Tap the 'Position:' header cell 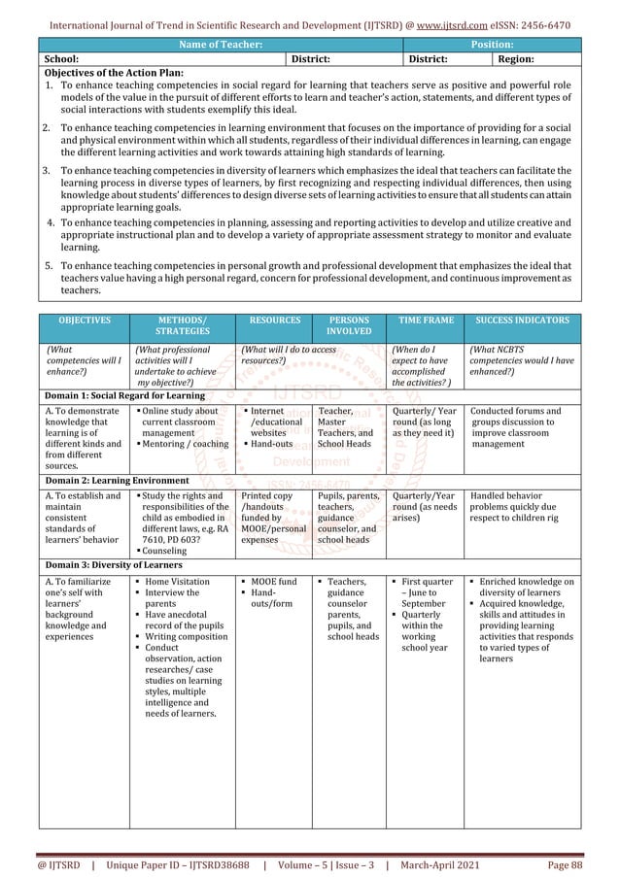click(x=492, y=45)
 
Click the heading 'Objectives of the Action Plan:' click(x=114, y=73)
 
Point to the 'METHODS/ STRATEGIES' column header click(x=183, y=324)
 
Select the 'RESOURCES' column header click(x=274, y=319)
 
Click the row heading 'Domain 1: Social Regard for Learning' click(x=121, y=396)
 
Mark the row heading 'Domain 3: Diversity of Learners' click(x=111, y=565)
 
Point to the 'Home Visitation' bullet click(x=177, y=583)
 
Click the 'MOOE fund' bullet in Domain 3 click(x=274, y=583)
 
